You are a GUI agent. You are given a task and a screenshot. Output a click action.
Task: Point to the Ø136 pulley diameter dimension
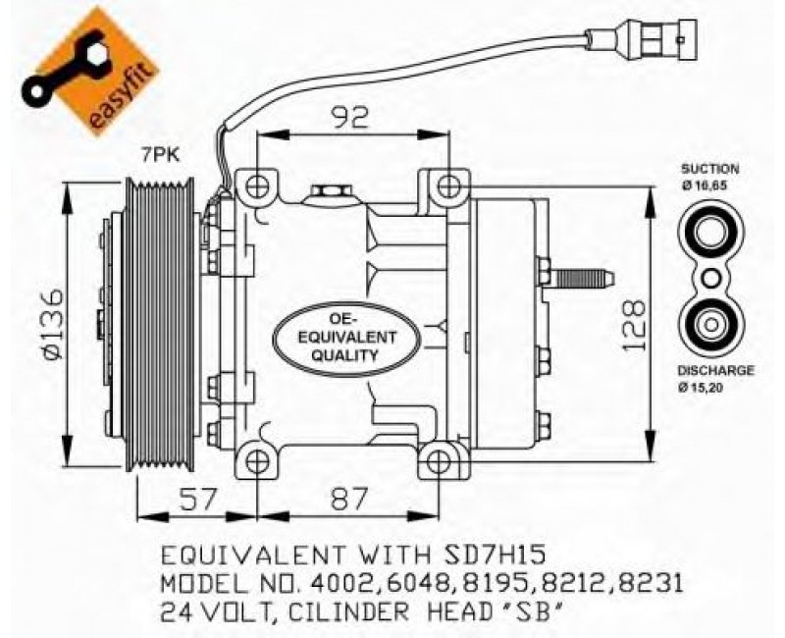(x=51, y=325)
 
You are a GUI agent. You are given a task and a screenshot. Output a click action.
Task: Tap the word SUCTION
(x=709, y=169)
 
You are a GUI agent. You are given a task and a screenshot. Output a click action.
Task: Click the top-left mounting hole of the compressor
(x=257, y=185)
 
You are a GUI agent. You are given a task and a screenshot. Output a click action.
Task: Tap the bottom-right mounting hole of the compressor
(x=440, y=461)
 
